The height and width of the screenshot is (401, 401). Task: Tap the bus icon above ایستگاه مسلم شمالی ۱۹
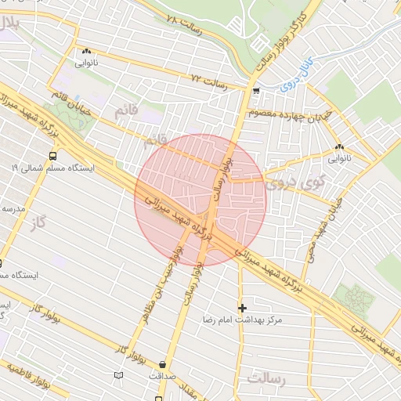52,154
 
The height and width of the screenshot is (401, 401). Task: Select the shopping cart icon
256,91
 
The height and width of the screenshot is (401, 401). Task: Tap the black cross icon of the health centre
242,307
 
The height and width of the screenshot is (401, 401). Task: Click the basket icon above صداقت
162,364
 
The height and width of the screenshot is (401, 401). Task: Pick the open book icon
119,375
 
